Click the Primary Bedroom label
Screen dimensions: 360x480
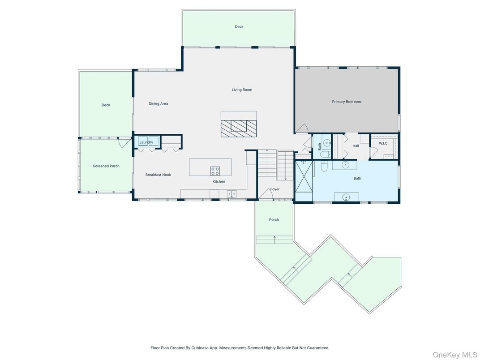click(346, 102)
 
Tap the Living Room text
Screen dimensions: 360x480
click(242, 90)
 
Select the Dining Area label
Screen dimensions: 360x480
click(158, 103)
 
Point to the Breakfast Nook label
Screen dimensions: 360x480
click(158, 175)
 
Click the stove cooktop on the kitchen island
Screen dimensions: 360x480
click(215, 171)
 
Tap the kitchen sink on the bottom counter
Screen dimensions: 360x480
click(231, 194)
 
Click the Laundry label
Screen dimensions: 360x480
click(146, 142)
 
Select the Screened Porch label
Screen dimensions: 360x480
click(106, 166)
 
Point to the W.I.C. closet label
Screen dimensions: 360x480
click(383, 143)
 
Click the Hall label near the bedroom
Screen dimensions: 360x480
click(356, 146)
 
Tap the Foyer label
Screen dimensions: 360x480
click(274, 189)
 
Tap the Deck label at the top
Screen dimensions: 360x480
click(239, 27)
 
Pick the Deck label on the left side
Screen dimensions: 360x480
click(106, 105)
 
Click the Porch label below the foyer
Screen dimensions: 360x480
click(274, 219)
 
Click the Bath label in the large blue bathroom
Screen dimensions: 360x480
click(357, 178)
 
